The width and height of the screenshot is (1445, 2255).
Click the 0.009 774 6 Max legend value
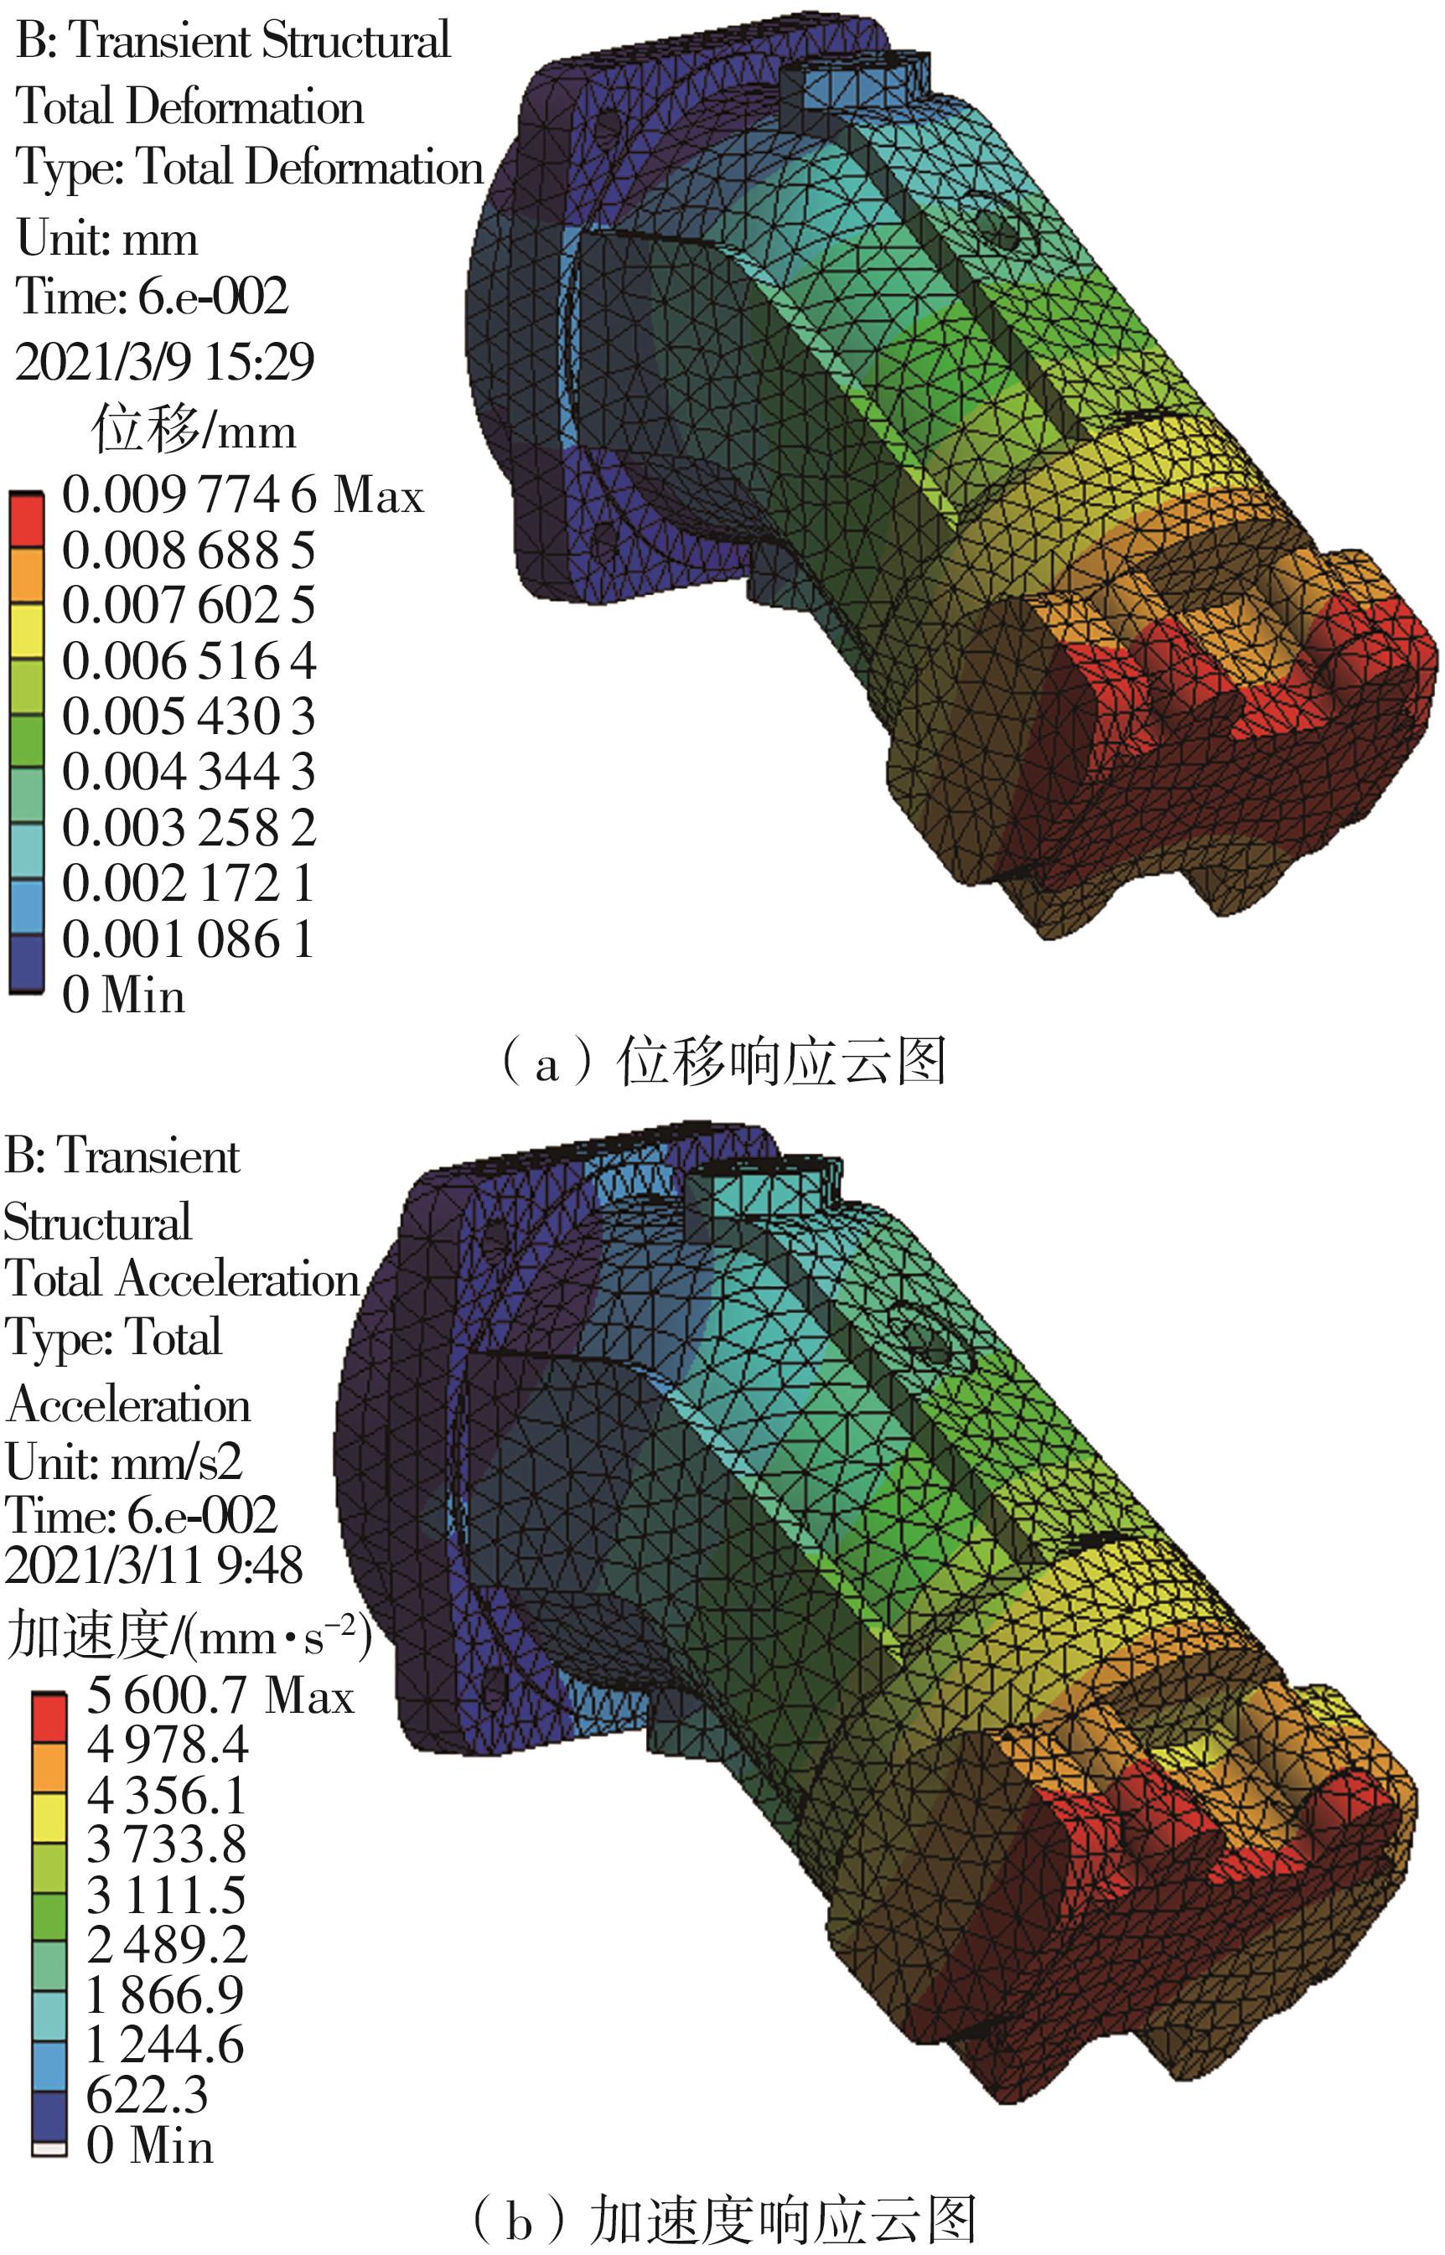pyautogui.click(x=243, y=495)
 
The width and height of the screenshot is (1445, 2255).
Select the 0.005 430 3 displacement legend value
pyautogui.click(x=189, y=716)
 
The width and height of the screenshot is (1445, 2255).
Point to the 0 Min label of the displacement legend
pyautogui.click(x=124, y=995)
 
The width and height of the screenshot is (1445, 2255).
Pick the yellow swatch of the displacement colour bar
pyautogui.click(x=26, y=631)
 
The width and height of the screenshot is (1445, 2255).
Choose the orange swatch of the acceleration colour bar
pyautogui.click(x=49, y=1768)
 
